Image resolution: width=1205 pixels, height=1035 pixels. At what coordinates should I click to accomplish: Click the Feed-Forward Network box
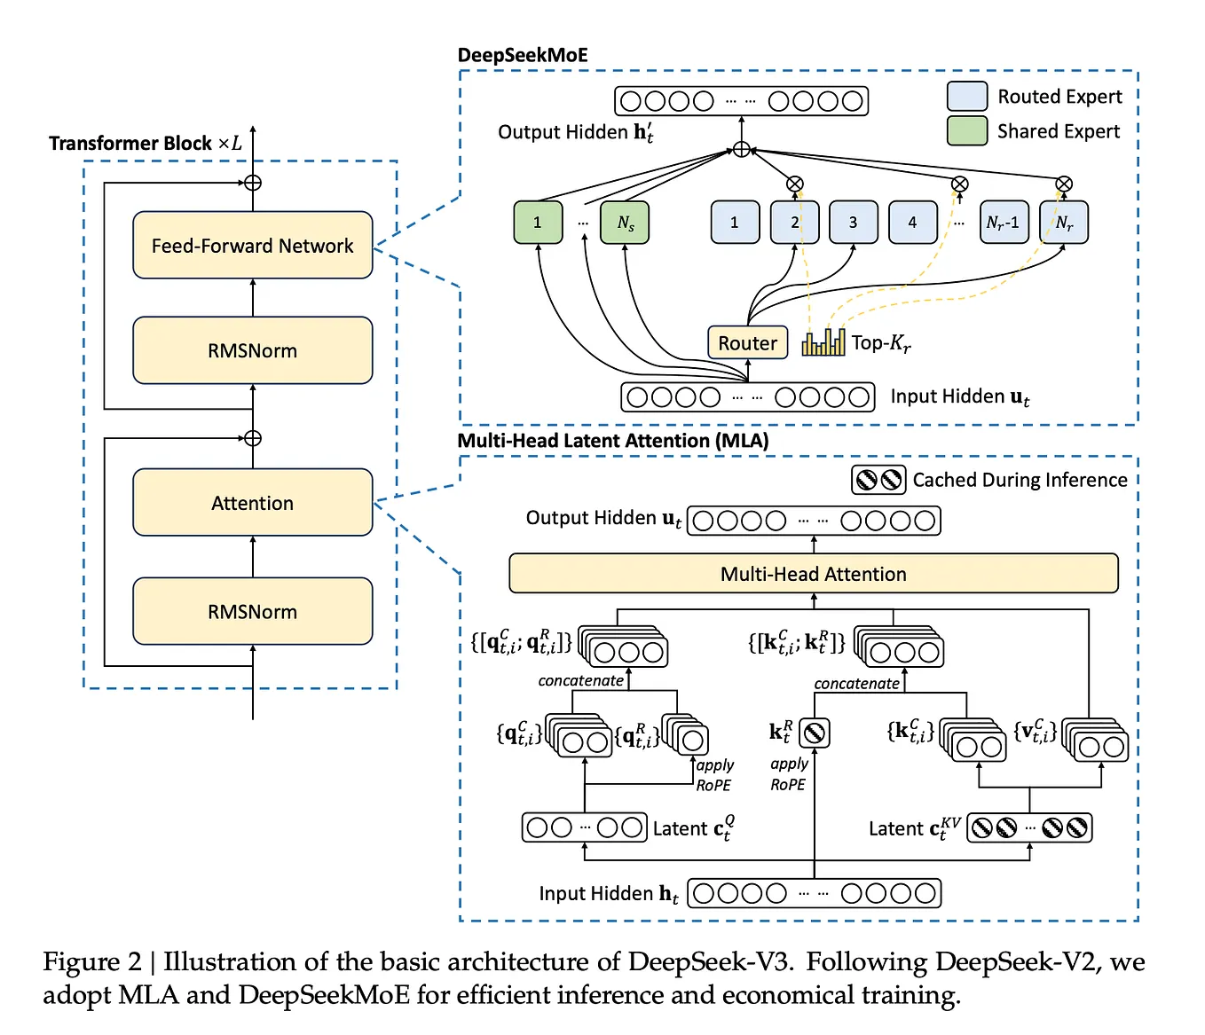[x=252, y=245]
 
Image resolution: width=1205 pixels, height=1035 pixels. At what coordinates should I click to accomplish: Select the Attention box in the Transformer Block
[x=252, y=503]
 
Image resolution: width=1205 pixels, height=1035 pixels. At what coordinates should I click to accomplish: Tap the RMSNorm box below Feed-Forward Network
[x=252, y=350]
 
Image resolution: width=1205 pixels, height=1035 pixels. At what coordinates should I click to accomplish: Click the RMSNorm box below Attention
[x=252, y=611]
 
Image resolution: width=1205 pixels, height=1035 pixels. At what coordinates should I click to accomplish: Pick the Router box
[x=747, y=343]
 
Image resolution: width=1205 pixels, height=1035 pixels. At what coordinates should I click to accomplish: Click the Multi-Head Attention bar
[x=813, y=574]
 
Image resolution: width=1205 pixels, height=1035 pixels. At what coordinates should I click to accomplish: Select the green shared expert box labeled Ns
[x=625, y=223]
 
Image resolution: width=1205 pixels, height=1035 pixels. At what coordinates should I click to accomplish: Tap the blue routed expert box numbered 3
[x=853, y=223]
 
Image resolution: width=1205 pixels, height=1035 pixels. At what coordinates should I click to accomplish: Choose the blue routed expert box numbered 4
[x=912, y=223]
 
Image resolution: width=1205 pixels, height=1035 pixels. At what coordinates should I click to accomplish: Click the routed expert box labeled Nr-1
[x=1004, y=223]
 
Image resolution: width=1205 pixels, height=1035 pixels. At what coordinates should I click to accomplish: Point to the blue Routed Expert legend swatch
[x=966, y=96]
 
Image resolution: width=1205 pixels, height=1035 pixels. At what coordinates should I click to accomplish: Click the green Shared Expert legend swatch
[x=966, y=131]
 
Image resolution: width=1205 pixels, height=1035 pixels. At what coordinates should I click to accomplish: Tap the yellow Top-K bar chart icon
[x=823, y=342]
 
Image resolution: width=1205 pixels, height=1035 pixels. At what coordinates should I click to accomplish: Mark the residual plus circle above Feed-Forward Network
[x=253, y=183]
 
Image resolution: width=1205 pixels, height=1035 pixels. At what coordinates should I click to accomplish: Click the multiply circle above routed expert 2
[x=795, y=184]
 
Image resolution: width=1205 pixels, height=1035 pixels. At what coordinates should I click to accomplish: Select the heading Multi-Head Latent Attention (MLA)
[x=612, y=441]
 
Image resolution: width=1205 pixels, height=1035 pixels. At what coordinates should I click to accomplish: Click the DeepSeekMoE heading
[x=522, y=55]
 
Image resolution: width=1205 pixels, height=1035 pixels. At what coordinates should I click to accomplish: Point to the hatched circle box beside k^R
[x=814, y=733]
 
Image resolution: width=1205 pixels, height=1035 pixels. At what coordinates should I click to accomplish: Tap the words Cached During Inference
[x=1020, y=480]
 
